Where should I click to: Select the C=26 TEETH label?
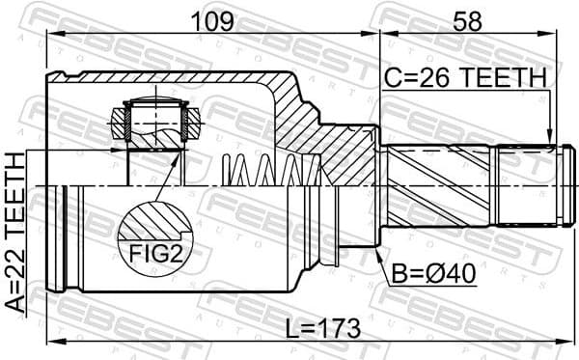point(464,77)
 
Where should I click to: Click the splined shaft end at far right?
point(527,184)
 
